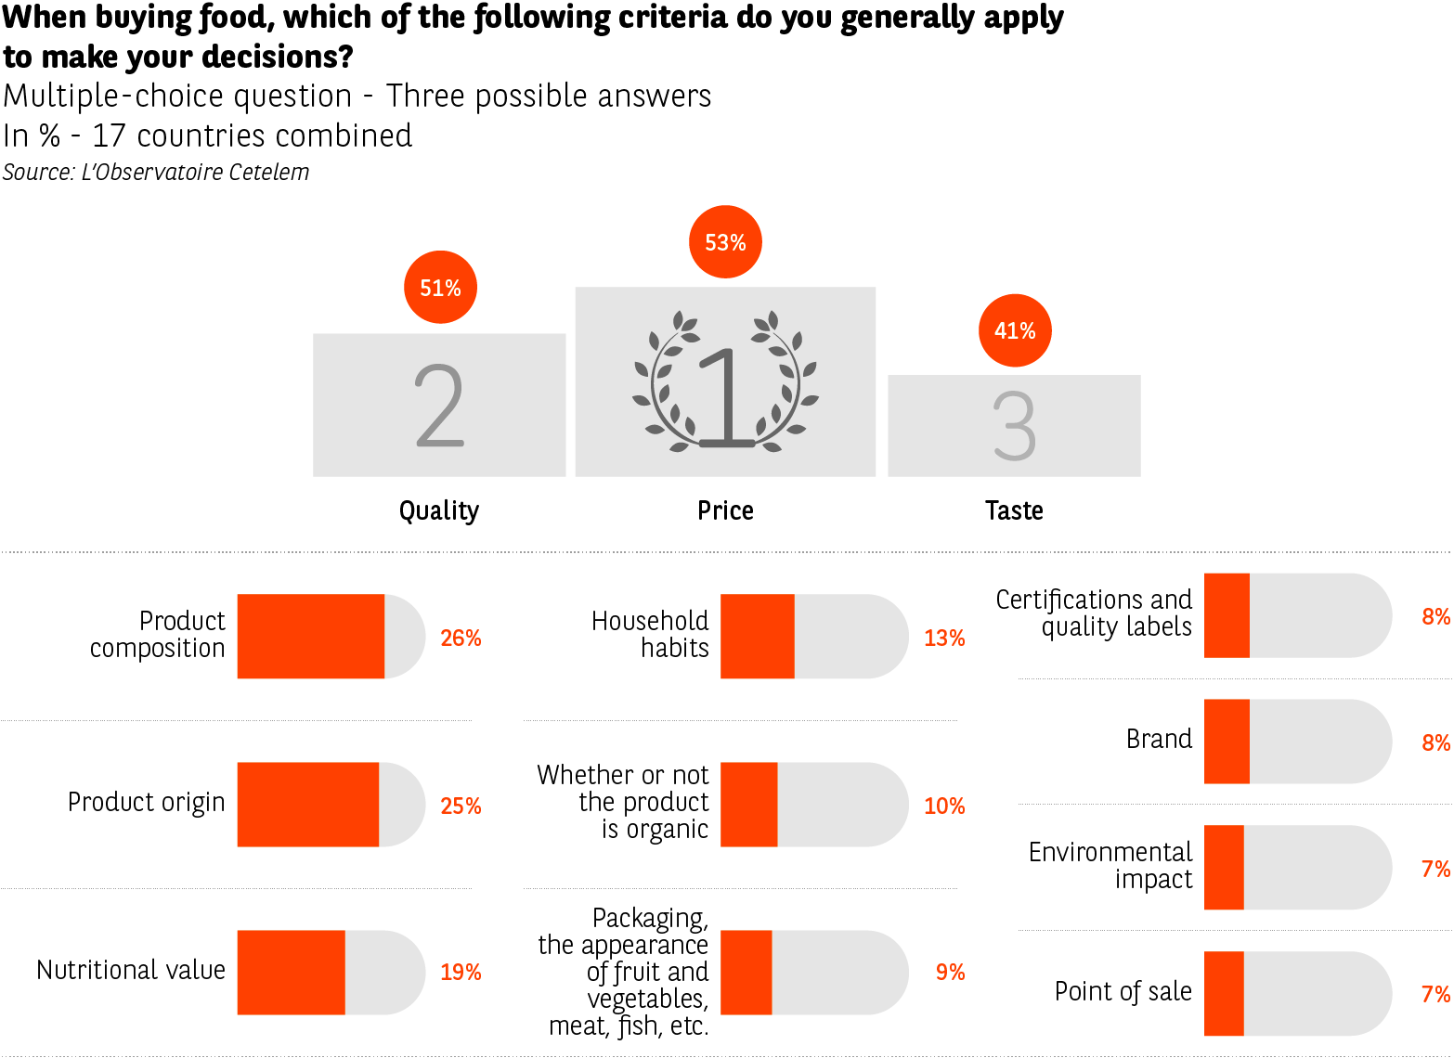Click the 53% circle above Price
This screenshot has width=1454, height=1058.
coord(725,242)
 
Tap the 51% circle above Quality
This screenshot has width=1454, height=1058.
coord(440,288)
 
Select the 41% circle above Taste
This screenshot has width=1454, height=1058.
coord(1015,331)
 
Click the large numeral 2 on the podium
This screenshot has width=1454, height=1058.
coord(439,406)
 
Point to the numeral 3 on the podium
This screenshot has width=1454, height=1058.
coord(1014,426)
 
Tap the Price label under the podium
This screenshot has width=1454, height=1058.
coord(725,510)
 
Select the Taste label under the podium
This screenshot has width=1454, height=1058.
coord(1014,510)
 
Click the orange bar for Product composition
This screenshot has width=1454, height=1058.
coord(310,637)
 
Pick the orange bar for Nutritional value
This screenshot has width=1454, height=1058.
coord(291,972)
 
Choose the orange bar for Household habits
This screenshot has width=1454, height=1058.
coord(757,637)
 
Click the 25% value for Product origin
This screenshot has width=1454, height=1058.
coord(461,806)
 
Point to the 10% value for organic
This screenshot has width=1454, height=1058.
coord(944,806)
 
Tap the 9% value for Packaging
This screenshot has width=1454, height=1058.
coord(950,972)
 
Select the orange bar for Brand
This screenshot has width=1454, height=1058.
coord(1227,742)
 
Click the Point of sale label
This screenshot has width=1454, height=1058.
coord(1123,992)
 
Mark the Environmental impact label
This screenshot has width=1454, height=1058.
coord(1110,865)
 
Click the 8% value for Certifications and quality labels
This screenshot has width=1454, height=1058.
coord(1435,616)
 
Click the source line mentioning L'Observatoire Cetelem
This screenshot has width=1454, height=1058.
coord(156,173)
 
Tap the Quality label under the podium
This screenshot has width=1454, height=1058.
coord(439,510)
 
